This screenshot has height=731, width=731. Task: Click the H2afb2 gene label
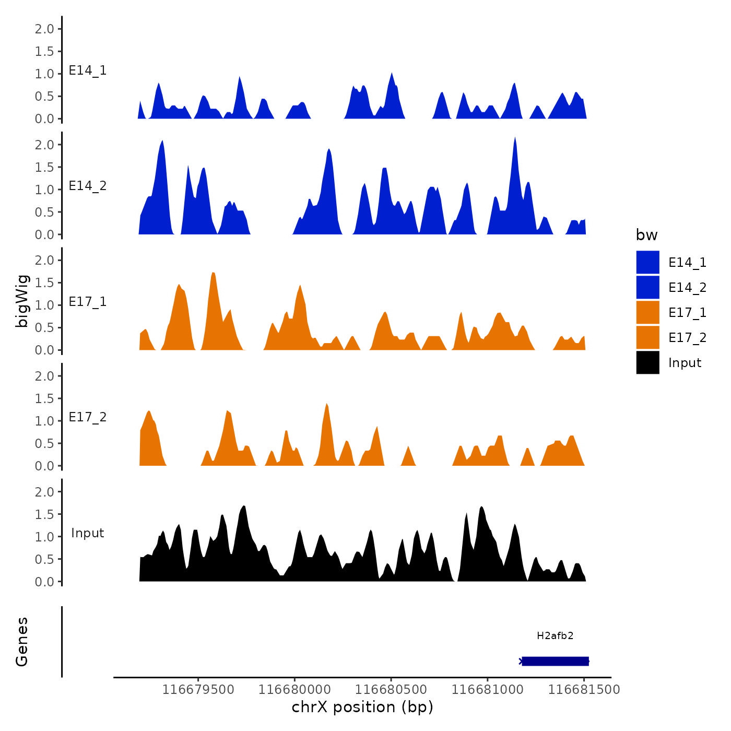[555, 635]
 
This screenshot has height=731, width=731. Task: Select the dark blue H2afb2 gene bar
[555, 661]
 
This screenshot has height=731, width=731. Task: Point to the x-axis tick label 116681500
[584, 689]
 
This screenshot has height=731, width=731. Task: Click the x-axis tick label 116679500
[198, 689]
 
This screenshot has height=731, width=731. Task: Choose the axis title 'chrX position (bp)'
[362, 707]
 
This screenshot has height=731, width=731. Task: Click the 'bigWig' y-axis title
[22, 301]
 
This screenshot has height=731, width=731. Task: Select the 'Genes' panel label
[22, 642]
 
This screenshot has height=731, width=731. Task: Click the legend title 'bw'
[646, 235]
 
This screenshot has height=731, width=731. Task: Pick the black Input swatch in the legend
[647, 362]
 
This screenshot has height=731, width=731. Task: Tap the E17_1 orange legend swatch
[647, 312]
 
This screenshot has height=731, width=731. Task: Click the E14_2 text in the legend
[687, 287]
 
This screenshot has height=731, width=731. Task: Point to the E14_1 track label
[88, 70]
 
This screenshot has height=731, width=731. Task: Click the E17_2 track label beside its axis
[88, 417]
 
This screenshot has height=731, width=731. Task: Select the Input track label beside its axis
[88, 533]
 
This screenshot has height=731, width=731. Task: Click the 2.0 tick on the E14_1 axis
[44, 29]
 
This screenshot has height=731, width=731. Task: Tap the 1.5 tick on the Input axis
[44, 514]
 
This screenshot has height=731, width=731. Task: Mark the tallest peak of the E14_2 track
[515, 138]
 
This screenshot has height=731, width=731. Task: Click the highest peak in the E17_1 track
[213, 273]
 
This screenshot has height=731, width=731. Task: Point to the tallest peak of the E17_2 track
[327, 404]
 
